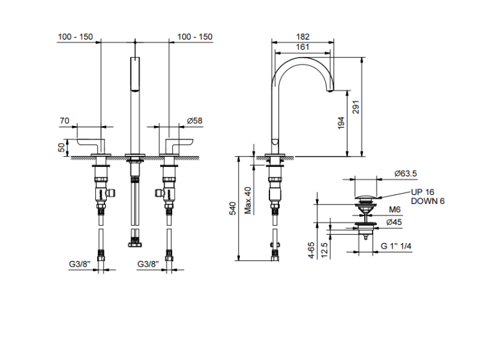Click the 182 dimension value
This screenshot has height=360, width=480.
tap(303, 37)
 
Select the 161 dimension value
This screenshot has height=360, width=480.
tap(303, 47)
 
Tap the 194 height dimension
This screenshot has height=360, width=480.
tap(341, 123)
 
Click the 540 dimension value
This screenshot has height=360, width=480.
tap(233, 208)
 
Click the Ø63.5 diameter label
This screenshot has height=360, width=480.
tap(406, 173)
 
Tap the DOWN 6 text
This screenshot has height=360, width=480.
tap(427, 201)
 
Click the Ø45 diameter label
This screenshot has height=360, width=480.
tap(397, 222)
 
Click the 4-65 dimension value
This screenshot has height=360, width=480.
tap(310, 249)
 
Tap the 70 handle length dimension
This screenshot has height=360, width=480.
tap(65, 120)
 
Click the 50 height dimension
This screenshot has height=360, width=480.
tap(61, 148)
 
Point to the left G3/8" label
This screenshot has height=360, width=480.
tap(81, 263)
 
